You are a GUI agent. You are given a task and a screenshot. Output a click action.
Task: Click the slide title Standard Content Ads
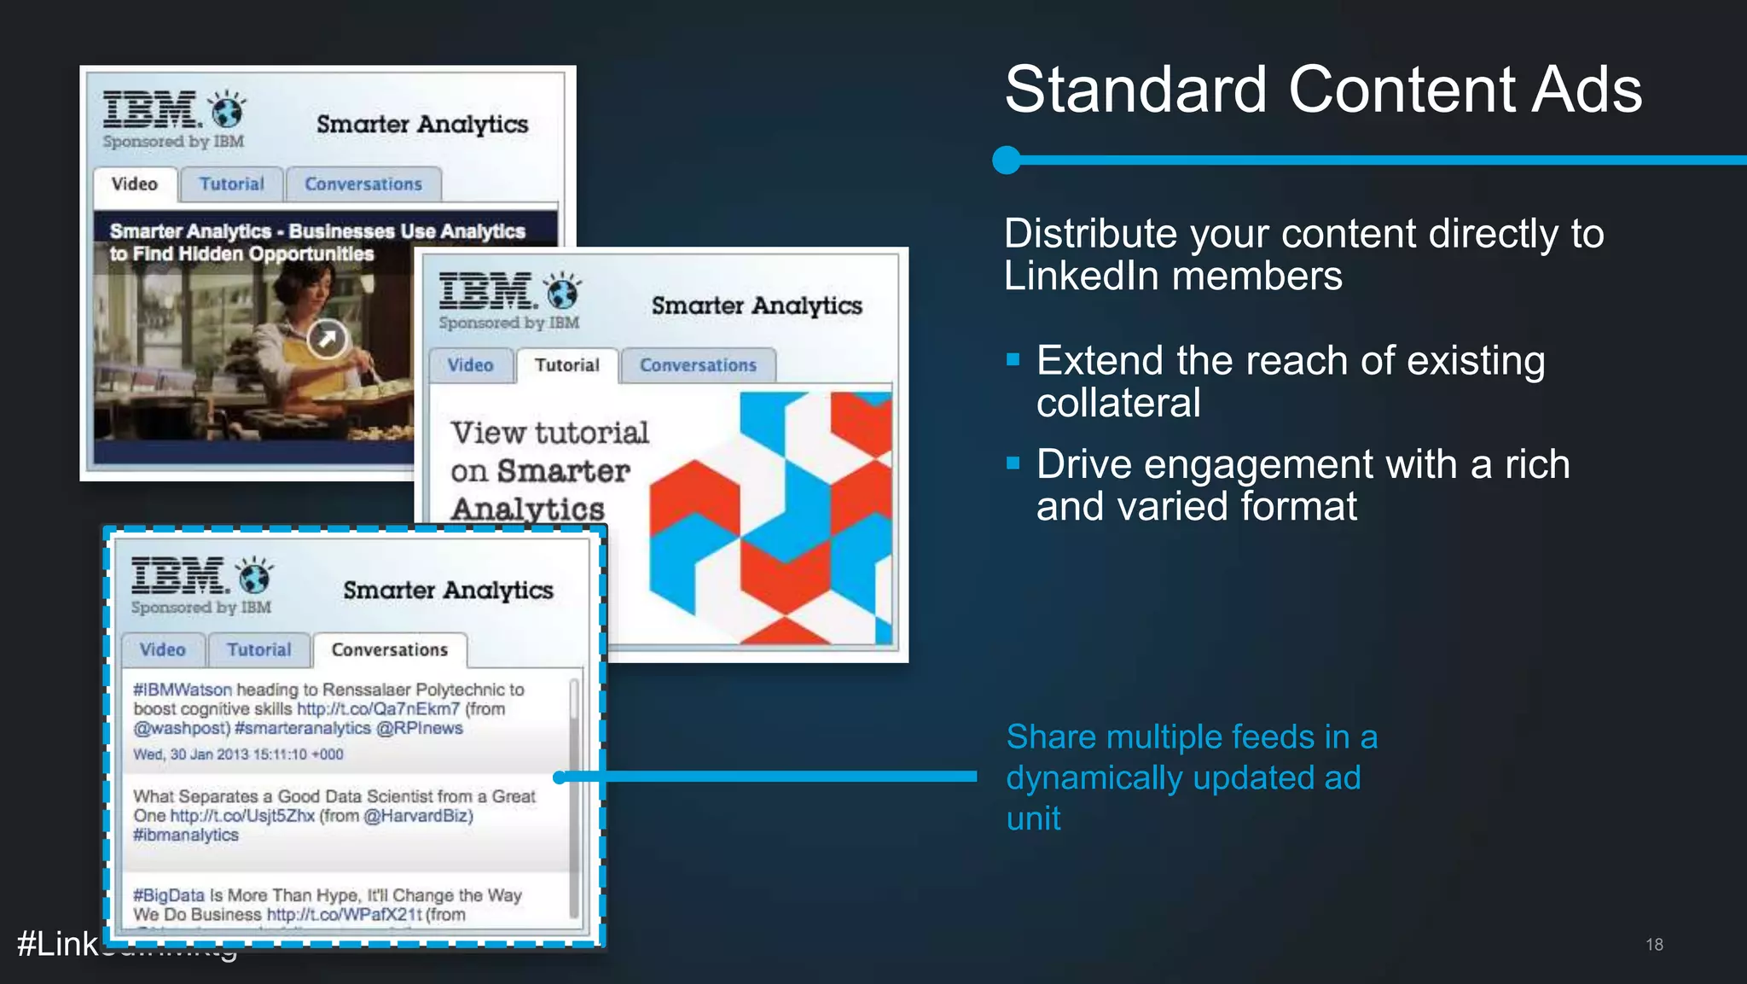tap(1322, 90)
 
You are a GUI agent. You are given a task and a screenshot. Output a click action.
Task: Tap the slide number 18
tap(1654, 944)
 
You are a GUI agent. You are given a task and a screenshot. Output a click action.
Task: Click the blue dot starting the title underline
tap(1007, 160)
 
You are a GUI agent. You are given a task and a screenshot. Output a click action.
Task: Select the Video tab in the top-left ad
tap(135, 184)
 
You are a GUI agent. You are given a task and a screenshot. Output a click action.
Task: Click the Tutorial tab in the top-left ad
tap(231, 184)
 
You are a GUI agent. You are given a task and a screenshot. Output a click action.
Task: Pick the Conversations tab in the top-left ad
tap(363, 184)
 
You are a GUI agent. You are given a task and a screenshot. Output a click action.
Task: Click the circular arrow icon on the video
tap(327, 339)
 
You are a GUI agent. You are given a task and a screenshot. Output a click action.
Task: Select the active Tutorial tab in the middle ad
tap(566, 365)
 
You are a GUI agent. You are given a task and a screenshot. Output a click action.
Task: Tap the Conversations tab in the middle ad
tap(698, 365)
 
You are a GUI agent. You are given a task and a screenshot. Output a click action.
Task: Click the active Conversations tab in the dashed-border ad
tap(389, 650)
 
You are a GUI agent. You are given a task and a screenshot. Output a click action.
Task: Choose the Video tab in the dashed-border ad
tap(162, 650)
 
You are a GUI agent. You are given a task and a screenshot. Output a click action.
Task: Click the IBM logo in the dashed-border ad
tap(178, 576)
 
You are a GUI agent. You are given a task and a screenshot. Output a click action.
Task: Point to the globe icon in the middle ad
tap(563, 292)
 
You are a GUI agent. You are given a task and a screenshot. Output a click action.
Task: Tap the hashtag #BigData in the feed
tap(169, 895)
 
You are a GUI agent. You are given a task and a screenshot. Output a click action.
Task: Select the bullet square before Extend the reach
tap(1013, 359)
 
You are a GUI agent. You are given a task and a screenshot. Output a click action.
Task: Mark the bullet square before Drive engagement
tap(1013, 463)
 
